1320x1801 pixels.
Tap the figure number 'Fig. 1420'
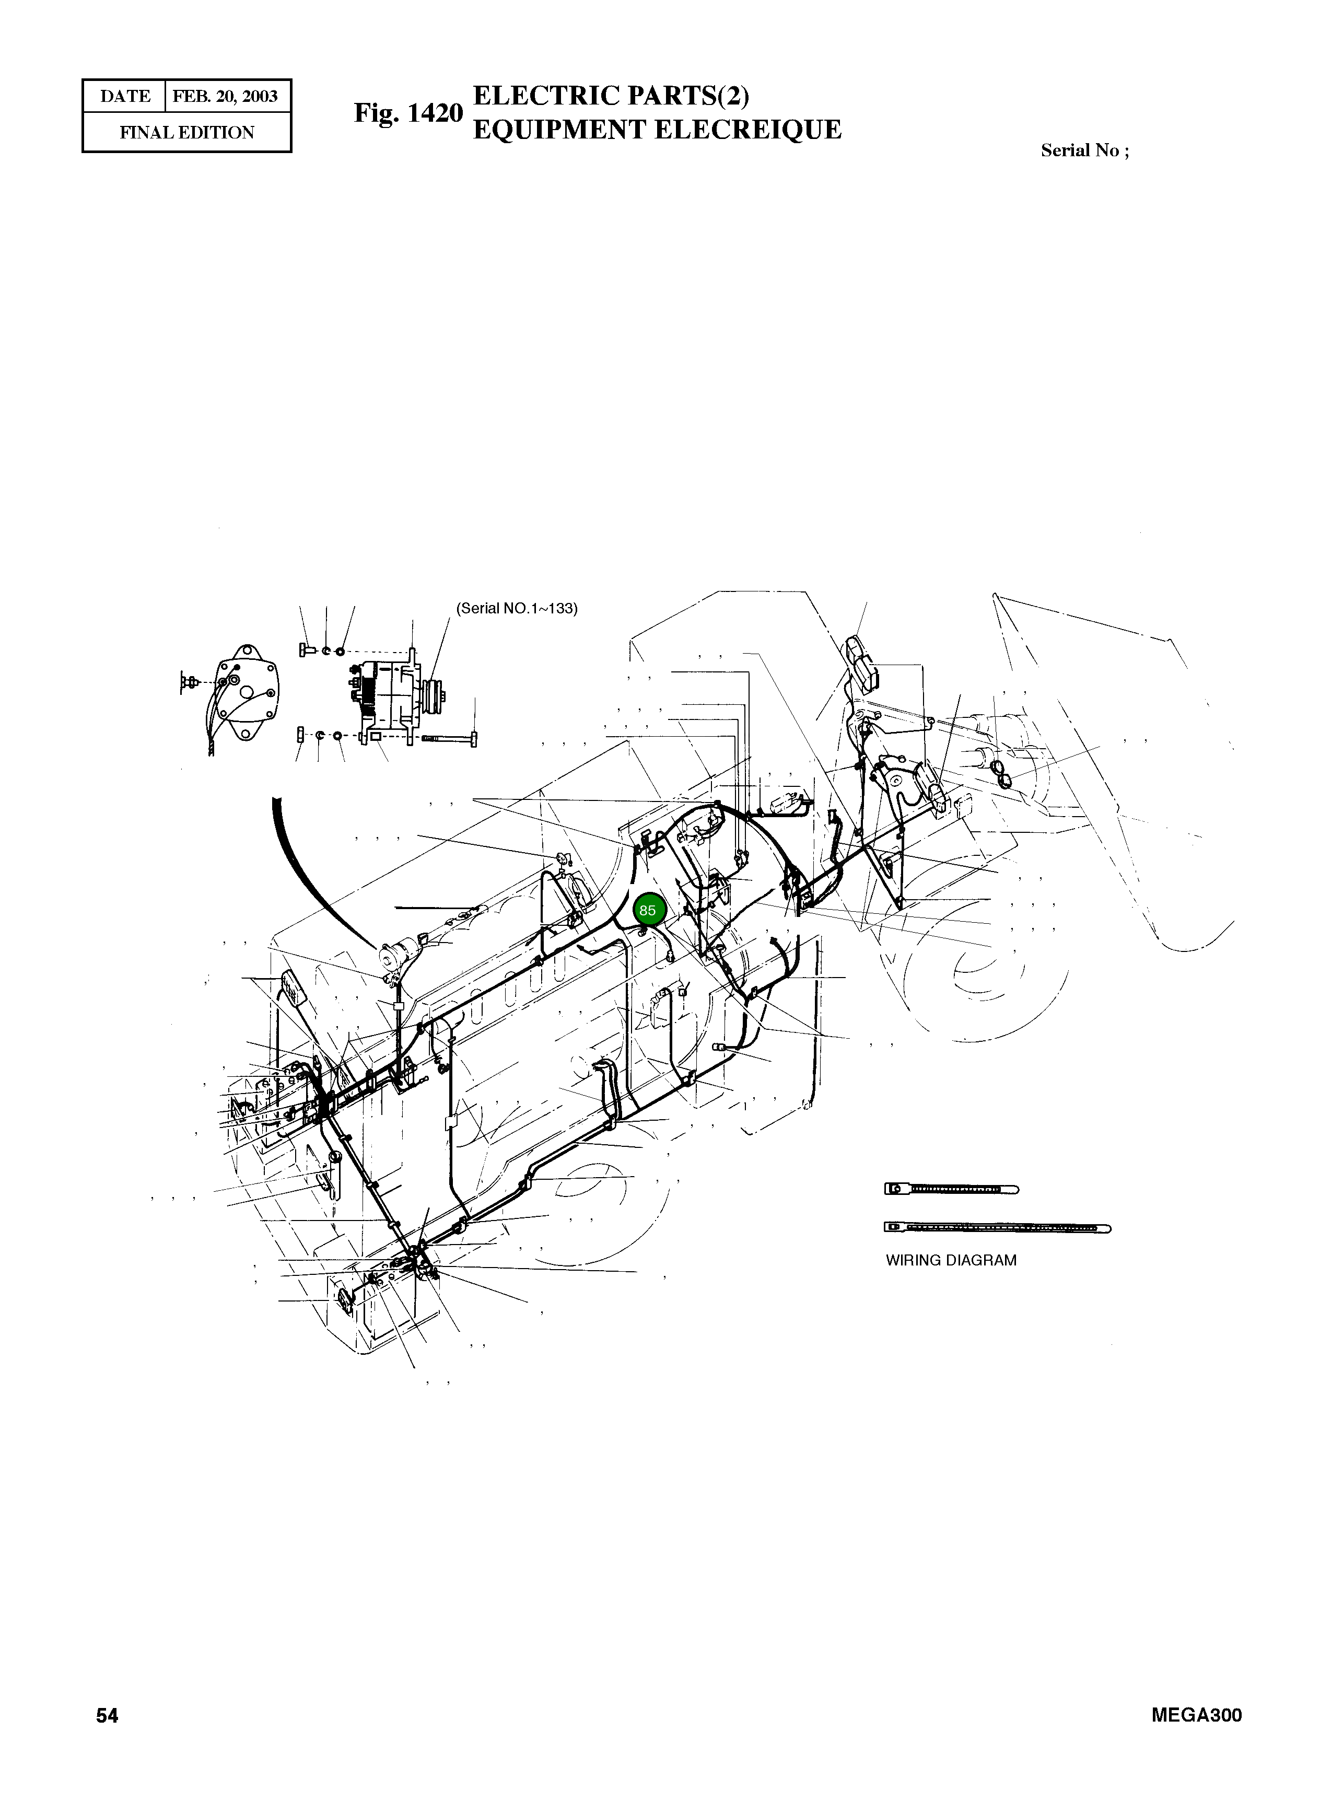tap(408, 113)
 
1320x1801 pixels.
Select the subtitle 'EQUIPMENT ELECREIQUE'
tap(657, 130)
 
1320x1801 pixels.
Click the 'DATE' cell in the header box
tap(125, 97)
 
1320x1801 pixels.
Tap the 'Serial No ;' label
tap(1084, 150)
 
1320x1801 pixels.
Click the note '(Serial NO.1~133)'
tap(516, 608)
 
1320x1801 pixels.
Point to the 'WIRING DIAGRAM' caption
tap(951, 1260)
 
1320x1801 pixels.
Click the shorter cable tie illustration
tap(951, 1189)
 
